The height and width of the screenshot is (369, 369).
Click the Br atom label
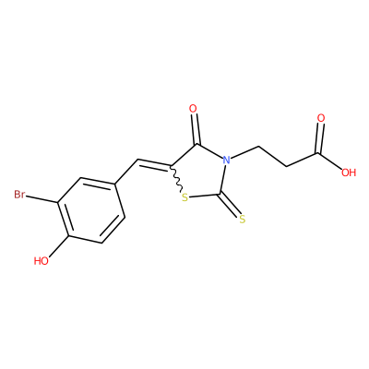click(x=19, y=195)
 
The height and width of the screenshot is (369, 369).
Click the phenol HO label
click(x=42, y=261)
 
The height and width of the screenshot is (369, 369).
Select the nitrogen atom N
click(x=227, y=160)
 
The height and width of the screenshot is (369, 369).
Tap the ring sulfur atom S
click(x=184, y=197)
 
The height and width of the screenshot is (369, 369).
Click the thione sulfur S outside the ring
click(x=243, y=220)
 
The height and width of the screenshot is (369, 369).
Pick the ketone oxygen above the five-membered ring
click(x=193, y=109)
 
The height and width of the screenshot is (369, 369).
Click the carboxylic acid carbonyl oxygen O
click(x=321, y=118)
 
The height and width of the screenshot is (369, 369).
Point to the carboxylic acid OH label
click(x=349, y=173)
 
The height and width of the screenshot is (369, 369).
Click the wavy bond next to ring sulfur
click(x=177, y=181)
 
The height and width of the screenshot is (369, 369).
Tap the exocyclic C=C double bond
click(x=154, y=164)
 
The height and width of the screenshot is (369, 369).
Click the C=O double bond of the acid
click(x=319, y=138)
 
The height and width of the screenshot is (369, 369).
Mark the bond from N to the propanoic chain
click(x=245, y=152)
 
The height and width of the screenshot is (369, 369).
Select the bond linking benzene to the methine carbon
click(x=126, y=172)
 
